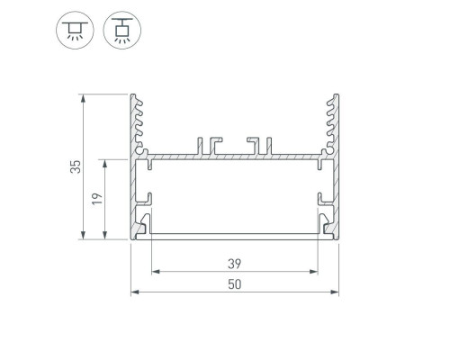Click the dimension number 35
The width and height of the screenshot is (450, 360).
pos(76,166)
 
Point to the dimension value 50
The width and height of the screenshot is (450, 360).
pos(234,284)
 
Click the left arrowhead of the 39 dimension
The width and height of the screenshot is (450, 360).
pos(153,271)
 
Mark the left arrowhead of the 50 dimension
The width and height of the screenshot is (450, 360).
pos(134,292)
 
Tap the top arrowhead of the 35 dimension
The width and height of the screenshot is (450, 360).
pos(83,96)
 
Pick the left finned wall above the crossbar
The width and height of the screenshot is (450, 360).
pos(138,121)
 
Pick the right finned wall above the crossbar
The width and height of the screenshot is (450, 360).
pos(331,121)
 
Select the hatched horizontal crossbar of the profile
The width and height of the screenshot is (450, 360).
pos(234,157)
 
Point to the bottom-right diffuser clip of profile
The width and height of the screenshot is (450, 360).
pos(325,222)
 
